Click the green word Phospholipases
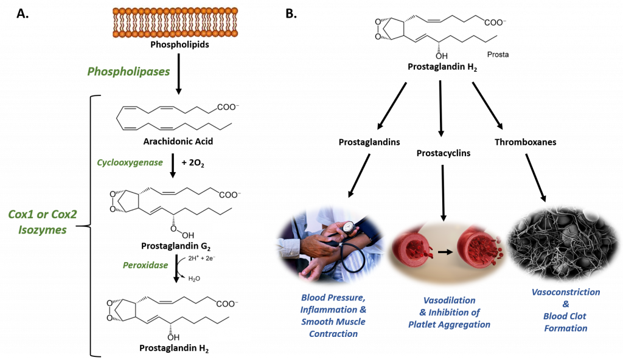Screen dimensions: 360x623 click(x=128, y=72)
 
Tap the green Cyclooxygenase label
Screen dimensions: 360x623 click(x=130, y=163)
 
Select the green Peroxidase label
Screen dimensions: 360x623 click(x=145, y=266)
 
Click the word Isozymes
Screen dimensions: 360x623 click(x=42, y=230)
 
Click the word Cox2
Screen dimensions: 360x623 click(x=64, y=214)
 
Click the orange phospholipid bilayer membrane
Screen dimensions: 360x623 click(x=175, y=22)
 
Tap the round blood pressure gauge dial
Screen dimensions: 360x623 click(x=349, y=227)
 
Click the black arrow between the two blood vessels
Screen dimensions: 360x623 click(x=446, y=251)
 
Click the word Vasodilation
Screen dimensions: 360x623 click(x=449, y=300)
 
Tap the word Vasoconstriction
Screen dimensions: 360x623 click(x=565, y=292)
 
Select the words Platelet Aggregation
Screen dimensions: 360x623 click(x=449, y=325)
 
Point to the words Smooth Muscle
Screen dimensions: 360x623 click(x=333, y=322)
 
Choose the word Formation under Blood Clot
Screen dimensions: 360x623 click(x=565, y=328)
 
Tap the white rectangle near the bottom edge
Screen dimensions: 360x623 click(x=229, y=334)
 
